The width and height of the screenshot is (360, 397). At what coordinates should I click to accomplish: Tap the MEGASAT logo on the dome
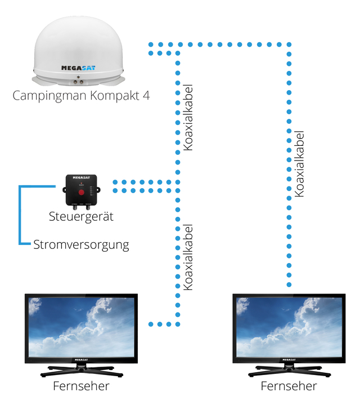pos(78,68)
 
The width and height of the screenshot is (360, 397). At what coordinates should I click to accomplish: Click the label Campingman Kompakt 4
pos(81,95)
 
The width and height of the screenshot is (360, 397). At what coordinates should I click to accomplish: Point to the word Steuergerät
pos(81,216)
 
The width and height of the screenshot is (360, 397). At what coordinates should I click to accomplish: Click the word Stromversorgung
pos(81,245)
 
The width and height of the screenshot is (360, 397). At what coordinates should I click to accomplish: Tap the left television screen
pos(82,325)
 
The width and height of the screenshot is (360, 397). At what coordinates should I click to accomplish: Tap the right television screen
pos(289,325)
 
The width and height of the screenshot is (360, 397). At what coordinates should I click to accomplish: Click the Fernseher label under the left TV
pos(81,386)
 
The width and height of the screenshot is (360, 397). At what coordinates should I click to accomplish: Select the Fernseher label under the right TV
pos(289,386)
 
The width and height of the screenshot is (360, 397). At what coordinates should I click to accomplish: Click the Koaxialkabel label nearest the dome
pos(189,118)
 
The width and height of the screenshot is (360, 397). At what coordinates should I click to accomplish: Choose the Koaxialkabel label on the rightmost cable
pos(300,163)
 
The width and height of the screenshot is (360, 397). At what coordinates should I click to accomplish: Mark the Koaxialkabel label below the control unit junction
pos(189,257)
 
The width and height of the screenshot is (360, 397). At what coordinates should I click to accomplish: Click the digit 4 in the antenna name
pos(146,95)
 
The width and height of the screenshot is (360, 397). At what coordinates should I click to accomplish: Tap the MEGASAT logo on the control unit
pos(82,177)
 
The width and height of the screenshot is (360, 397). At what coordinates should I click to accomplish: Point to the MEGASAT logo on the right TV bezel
pos(289,359)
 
